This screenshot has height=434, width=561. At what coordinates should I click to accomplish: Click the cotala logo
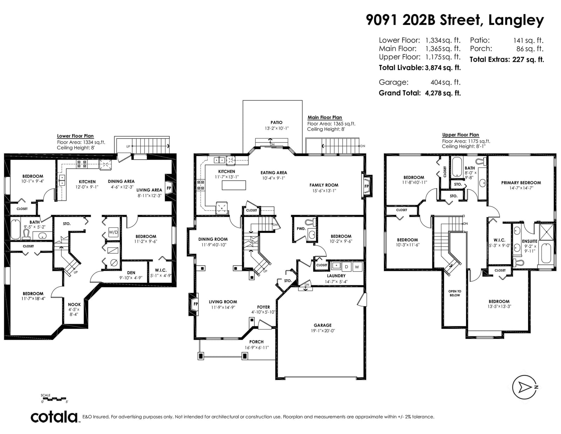pos(55,417)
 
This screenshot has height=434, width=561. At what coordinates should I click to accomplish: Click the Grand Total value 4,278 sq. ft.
pos(443,93)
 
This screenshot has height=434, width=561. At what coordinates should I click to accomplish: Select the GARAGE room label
pos(323,325)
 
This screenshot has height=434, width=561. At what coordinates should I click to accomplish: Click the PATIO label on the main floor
pos(277,122)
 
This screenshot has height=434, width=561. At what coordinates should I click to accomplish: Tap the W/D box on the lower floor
pos(113,232)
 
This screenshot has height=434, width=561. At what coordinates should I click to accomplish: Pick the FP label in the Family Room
pos(366,186)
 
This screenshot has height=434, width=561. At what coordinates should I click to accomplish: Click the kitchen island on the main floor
pos(234,185)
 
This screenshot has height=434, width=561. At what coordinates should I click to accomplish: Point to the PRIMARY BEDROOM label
pos(521,183)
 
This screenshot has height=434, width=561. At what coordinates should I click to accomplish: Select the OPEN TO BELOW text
pos(455,293)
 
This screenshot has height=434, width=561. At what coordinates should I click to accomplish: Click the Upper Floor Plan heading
pos(461,135)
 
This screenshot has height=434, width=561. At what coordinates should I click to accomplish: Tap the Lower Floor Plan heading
pos(75,136)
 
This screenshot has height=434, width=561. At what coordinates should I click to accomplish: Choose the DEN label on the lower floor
pos(131,273)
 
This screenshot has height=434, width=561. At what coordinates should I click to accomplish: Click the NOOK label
pos(74,305)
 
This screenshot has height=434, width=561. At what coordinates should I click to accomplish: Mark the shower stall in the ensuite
pos(546,233)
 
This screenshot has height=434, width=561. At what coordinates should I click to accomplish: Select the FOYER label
pos(263,307)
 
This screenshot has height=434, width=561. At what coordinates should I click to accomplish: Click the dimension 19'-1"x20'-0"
pos(323,330)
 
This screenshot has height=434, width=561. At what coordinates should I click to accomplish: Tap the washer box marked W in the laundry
pos(357,267)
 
